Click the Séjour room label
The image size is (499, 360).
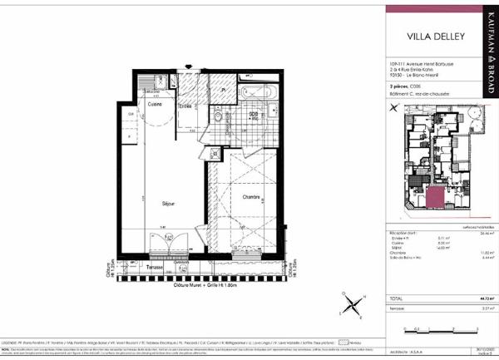[x=168, y=202]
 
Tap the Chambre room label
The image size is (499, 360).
[x=252, y=197]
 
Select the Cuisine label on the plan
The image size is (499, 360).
[x=156, y=104]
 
